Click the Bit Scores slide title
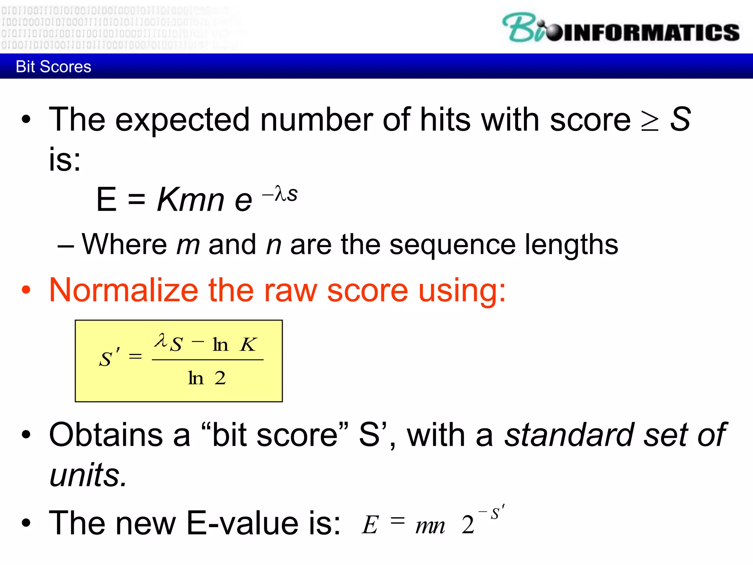(x=53, y=67)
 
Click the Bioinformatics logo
(x=621, y=29)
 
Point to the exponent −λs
(x=280, y=194)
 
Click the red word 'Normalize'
(x=124, y=291)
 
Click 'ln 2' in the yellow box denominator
(x=207, y=378)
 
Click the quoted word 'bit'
(x=234, y=435)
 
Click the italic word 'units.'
(x=88, y=475)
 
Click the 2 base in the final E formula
(x=468, y=525)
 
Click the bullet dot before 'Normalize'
(x=26, y=291)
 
